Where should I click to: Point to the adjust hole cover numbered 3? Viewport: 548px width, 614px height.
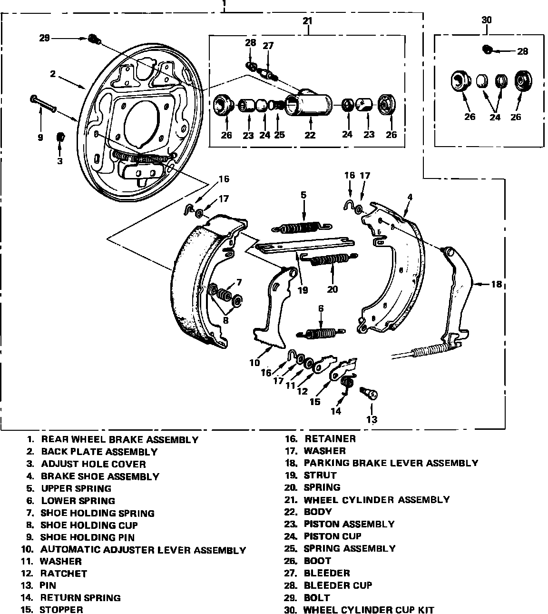pos(60,138)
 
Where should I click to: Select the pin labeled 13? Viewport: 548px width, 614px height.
pos(369,393)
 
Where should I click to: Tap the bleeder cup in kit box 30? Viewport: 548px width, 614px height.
pos(487,49)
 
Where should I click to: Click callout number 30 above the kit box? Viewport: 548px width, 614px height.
pos(486,20)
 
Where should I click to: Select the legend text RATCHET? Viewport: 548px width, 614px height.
pos(63,574)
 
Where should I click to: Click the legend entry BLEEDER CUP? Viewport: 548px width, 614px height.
pos(338,585)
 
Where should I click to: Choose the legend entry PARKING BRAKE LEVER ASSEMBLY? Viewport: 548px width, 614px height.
pos(391,463)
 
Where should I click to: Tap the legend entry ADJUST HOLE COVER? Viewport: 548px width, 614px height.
pos(93,464)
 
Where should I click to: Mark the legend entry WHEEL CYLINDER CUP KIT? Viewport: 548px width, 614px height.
pos(369,610)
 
